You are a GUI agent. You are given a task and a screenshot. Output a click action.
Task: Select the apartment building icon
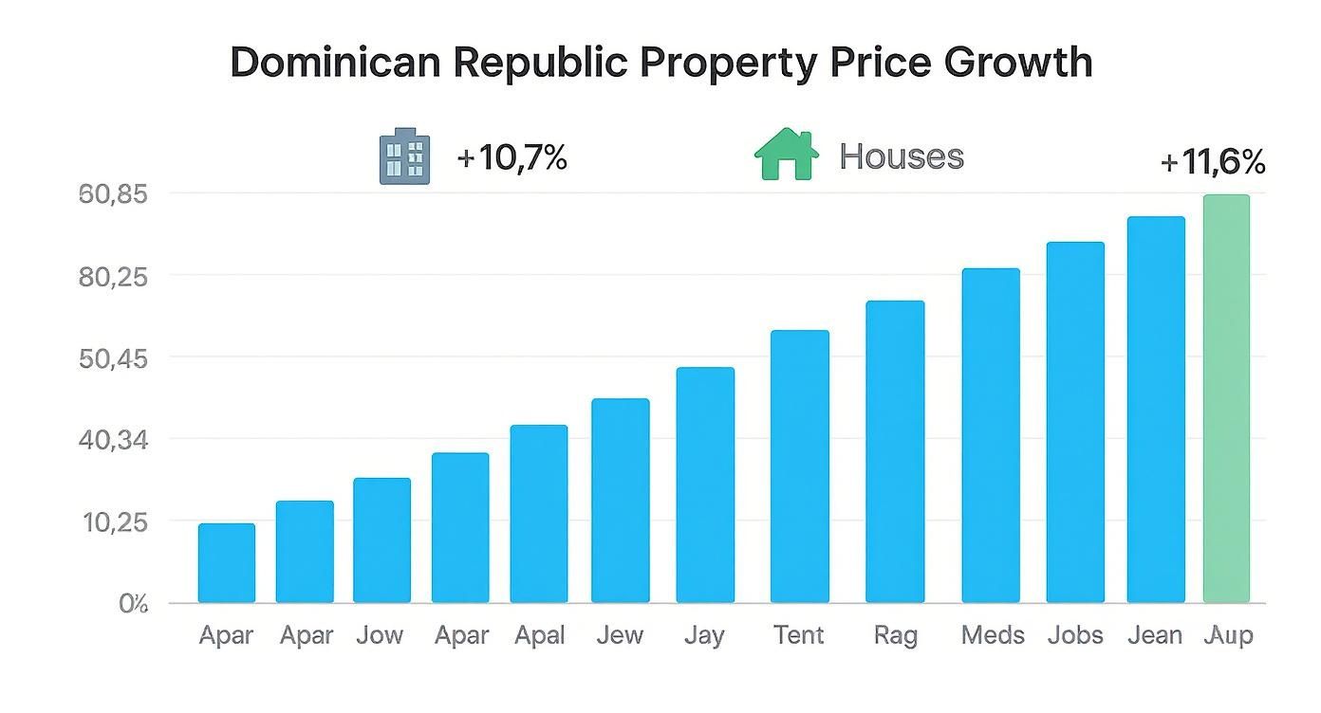coord(404,156)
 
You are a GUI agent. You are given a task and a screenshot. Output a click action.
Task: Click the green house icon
coord(786,155)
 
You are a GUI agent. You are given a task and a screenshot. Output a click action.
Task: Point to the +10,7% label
coord(512,157)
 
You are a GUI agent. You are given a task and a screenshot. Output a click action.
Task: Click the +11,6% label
coord(1213,163)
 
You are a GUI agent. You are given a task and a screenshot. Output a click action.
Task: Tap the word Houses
coord(902,156)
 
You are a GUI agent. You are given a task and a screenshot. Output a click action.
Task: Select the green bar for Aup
coord(1226,398)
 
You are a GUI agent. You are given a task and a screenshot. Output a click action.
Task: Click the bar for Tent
coord(799,466)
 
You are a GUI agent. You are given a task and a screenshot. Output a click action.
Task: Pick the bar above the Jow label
coord(381,540)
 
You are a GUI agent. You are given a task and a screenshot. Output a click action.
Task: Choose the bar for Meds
coord(991,435)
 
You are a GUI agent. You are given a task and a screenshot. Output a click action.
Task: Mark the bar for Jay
coord(705,484)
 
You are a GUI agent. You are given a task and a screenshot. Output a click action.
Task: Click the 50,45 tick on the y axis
coord(114,358)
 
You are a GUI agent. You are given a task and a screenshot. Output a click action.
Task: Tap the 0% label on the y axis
coord(133,604)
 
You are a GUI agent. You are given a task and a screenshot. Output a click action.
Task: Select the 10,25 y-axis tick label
coord(114,521)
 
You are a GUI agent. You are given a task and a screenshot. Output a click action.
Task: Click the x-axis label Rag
coord(895,635)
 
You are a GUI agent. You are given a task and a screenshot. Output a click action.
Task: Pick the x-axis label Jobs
coord(1075,635)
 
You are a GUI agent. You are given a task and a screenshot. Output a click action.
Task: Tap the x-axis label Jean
coord(1155,635)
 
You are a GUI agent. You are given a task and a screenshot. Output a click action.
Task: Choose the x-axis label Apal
coord(540,635)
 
